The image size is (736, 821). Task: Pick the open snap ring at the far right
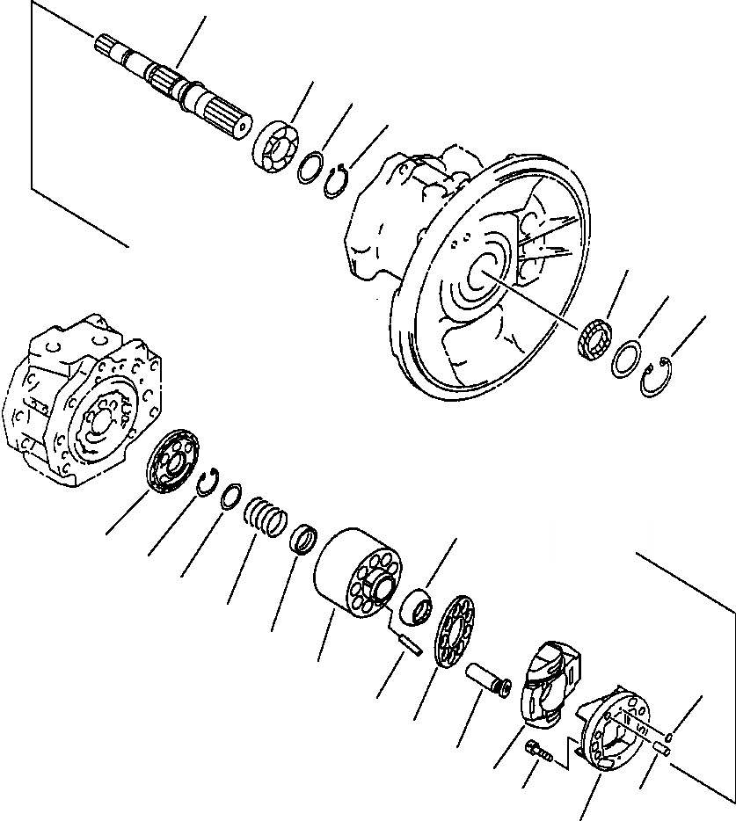click(x=659, y=380)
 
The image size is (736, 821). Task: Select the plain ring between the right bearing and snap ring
click(x=628, y=360)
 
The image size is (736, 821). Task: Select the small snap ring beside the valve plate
click(x=209, y=483)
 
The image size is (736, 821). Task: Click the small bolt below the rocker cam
click(x=537, y=752)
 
